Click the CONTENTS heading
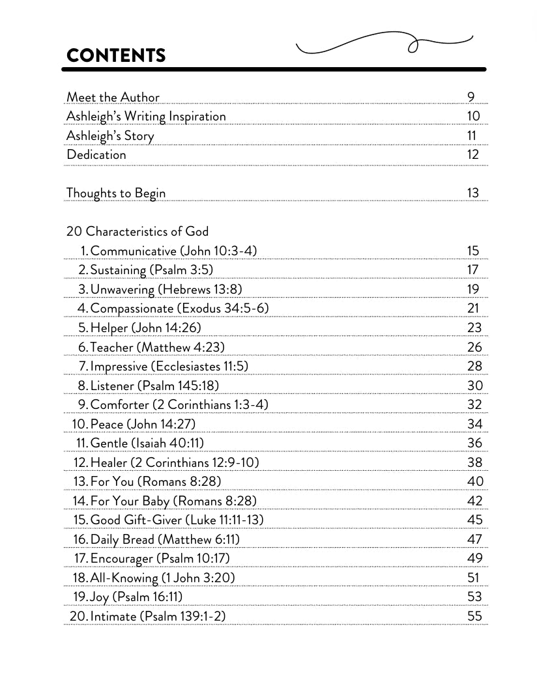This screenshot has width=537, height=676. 116,55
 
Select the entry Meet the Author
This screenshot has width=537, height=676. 113,97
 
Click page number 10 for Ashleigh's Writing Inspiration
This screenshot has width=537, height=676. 473,117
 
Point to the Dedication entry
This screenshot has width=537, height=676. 96,155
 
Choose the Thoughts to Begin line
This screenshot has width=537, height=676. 116,193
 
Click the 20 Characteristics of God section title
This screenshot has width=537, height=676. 138,232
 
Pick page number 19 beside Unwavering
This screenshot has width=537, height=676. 473,289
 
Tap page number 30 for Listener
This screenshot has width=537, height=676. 475,386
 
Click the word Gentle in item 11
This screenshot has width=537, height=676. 109,443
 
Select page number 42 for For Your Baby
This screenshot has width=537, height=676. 475,501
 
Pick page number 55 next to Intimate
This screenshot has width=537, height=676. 475,616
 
